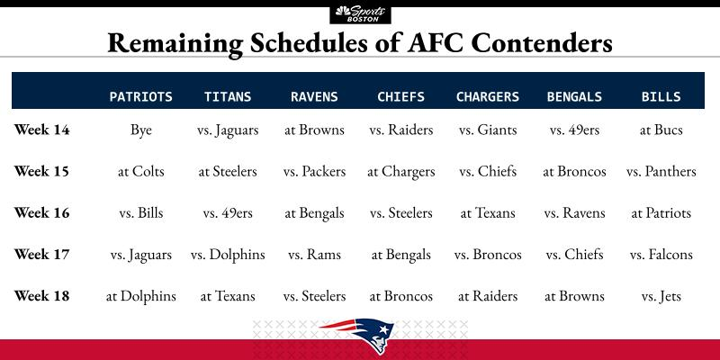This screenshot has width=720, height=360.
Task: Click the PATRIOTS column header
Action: tap(141, 97)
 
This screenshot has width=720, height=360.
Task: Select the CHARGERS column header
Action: tap(488, 97)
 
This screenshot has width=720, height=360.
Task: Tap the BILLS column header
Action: tap(661, 97)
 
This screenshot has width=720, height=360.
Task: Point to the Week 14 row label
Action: tap(41, 130)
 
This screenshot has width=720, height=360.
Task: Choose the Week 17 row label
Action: tap(41, 255)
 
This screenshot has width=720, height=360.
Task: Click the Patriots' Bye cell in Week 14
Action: tap(141, 130)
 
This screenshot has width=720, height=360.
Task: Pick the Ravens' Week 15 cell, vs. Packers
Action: tap(314, 172)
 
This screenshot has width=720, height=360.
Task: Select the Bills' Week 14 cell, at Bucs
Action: tap(661, 130)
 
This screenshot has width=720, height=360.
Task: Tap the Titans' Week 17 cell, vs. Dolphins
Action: tap(228, 255)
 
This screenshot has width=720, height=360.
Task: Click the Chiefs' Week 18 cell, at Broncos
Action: tap(401, 296)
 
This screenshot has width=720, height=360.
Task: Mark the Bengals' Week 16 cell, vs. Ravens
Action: tap(574, 213)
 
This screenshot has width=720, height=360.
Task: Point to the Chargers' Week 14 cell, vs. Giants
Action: tap(488, 130)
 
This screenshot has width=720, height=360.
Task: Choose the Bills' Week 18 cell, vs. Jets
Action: tap(661, 296)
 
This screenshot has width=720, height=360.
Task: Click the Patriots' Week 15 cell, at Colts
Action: tap(141, 172)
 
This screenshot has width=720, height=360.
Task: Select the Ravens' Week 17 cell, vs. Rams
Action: tap(314, 255)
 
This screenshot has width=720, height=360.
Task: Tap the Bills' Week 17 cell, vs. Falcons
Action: tap(661, 255)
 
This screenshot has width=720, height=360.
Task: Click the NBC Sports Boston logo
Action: tap(361, 14)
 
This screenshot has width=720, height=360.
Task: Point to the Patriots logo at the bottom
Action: tap(357, 334)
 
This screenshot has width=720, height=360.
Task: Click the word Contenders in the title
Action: tap(542, 42)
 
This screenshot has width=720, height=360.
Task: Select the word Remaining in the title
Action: tap(175, 44)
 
